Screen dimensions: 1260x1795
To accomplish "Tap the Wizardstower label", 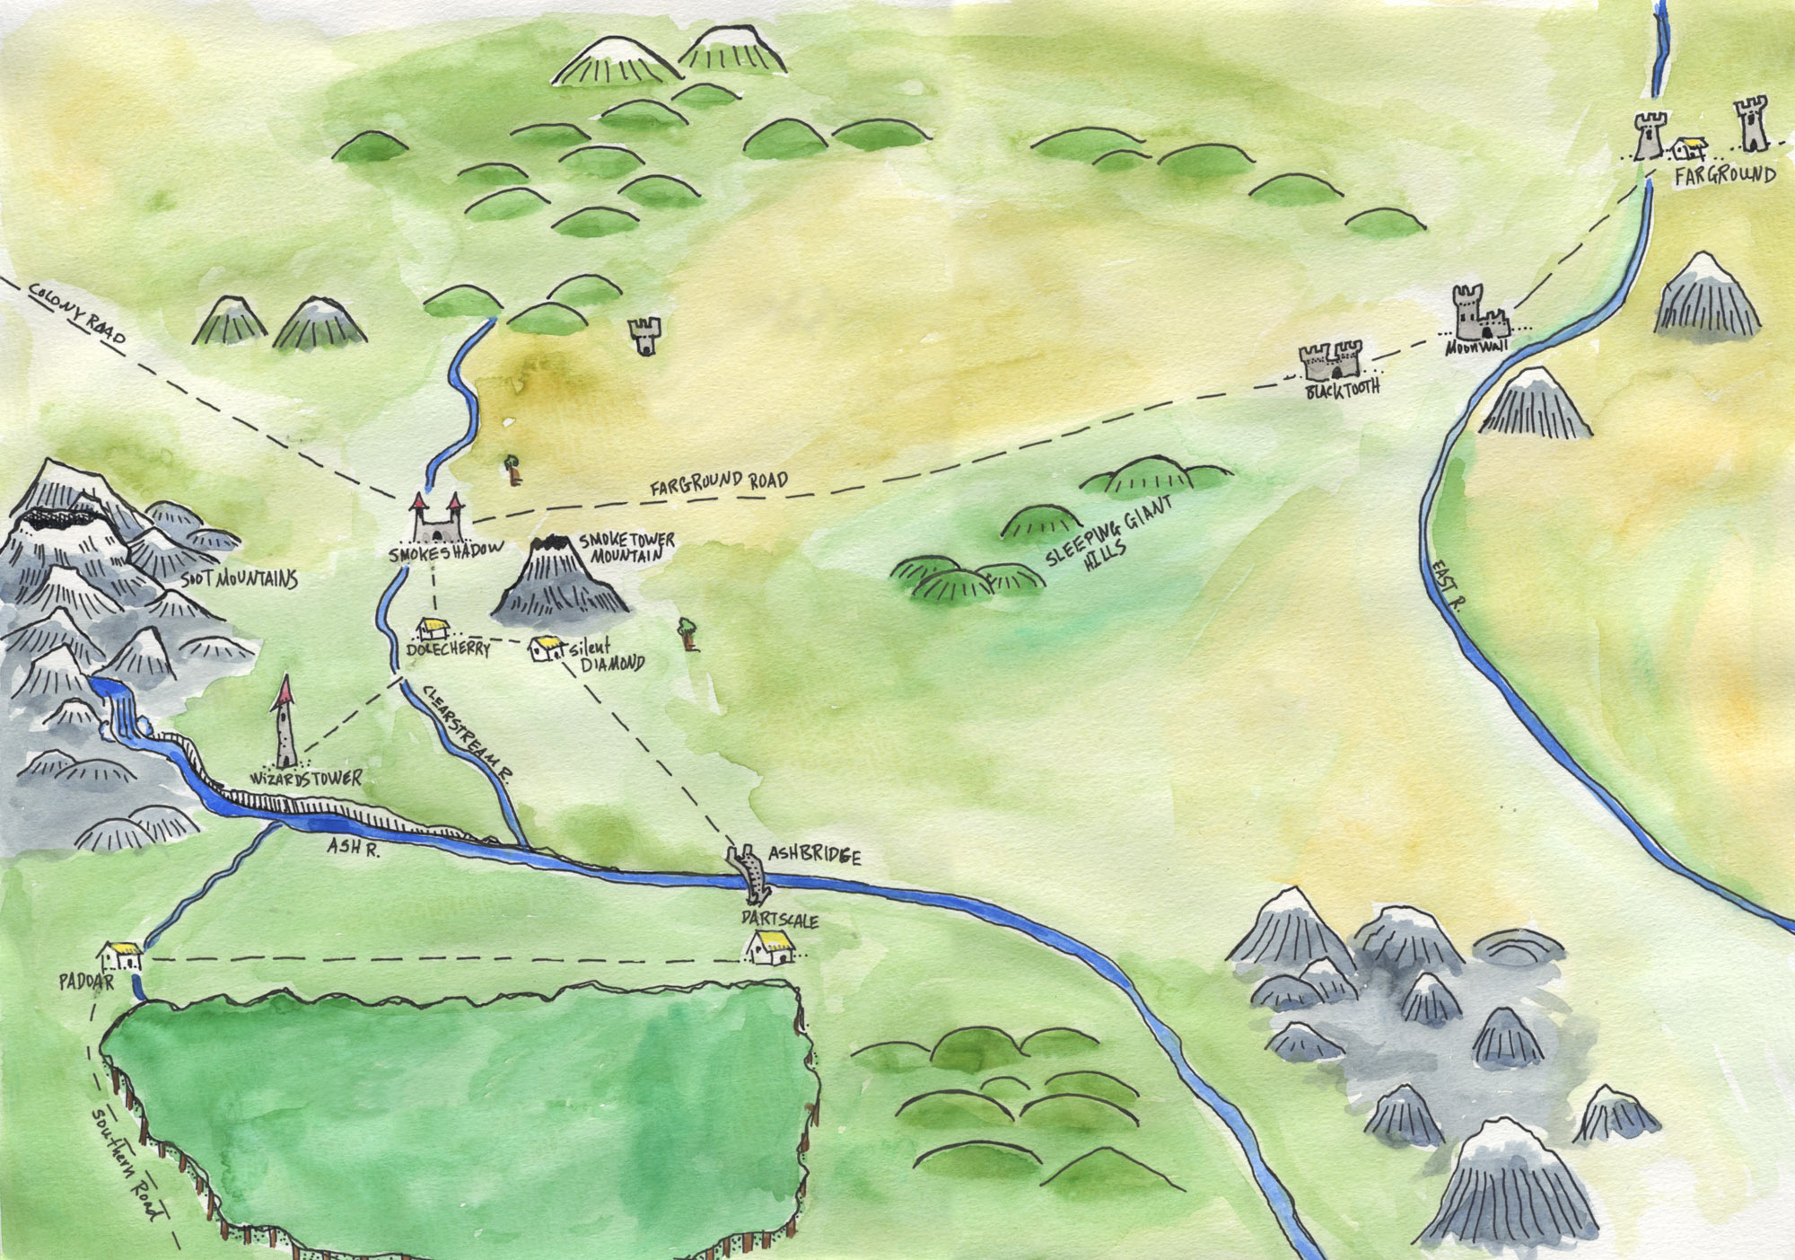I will pos(306,778).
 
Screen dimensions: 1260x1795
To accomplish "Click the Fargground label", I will pos(1724,176).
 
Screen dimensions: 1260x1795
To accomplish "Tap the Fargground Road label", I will pos(719,484).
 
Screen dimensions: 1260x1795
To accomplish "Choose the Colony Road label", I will pos(77,312).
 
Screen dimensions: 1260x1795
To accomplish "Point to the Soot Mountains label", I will pos(239,579).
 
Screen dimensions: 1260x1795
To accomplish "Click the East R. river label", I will pos(1446,586).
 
